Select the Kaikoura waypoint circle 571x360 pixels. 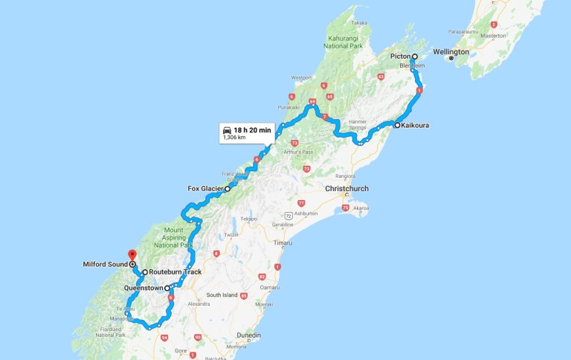click(398, 125)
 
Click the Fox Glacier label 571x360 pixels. click(206, 189)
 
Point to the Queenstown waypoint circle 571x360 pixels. click(167, 288)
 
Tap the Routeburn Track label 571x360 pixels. click(175, 272)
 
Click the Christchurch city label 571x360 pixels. click(347, 189)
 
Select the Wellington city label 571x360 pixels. click(451, 52)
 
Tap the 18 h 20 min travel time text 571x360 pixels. click(254, 130)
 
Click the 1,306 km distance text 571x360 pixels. click(235, 138)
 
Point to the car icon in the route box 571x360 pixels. click(228, 130)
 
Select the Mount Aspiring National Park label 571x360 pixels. click(174, 238)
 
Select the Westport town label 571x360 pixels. click(302, 77)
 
